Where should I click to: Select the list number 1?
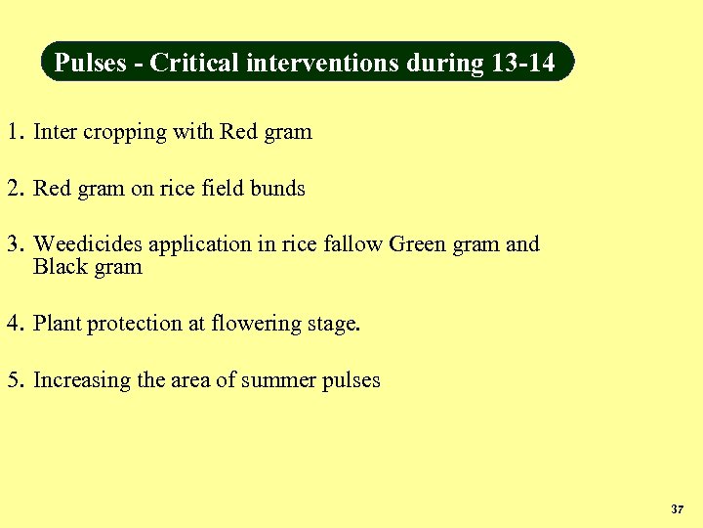[x=13, y=132]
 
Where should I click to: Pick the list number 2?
[x=13, y=189]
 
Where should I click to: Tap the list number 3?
[x=13, y=244]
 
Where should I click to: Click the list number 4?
[x=13, y=324]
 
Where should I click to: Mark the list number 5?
[x=13, y=380]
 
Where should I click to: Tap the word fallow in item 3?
[x=352, y=244]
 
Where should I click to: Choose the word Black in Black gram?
[x=59, y=267]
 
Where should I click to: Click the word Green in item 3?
[x=416, y=244]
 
